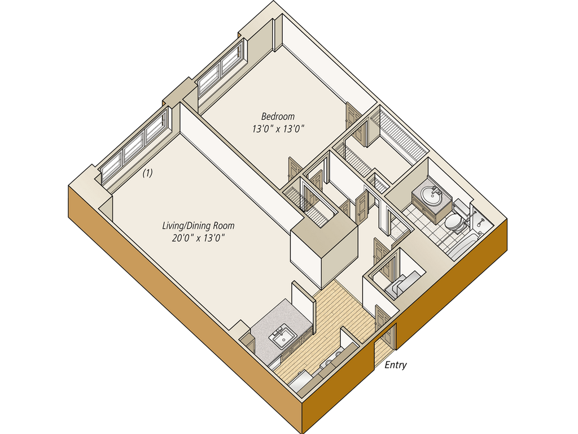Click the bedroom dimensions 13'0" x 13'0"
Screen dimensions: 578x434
pos(279,129)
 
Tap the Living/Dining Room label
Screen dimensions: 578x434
pos(198,226)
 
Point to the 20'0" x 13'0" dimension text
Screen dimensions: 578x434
pos(199,238)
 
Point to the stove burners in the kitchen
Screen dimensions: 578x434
pos(332,359)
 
